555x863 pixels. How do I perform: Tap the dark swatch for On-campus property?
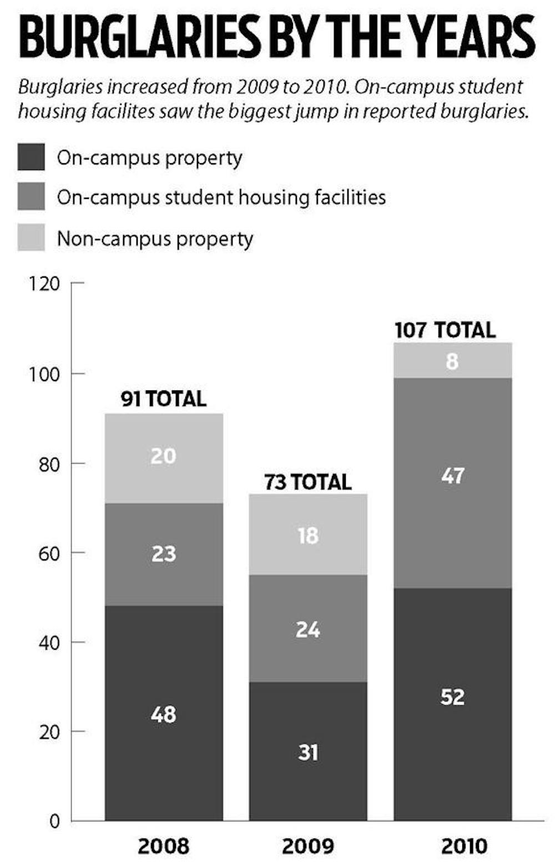31,157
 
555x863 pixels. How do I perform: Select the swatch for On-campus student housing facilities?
31,197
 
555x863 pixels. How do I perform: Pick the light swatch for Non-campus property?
31,238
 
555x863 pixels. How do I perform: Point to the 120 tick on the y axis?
44,283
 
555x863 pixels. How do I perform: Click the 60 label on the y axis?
49,553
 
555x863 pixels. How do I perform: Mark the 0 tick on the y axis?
54,821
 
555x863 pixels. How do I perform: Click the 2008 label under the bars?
164,846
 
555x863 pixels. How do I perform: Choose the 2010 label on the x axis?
453,846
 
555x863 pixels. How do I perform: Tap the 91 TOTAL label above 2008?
164,399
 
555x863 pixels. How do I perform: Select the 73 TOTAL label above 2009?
308,481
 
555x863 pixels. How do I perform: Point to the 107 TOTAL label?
445,330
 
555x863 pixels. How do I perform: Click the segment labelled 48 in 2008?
164,713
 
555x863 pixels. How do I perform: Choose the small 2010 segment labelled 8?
453,360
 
